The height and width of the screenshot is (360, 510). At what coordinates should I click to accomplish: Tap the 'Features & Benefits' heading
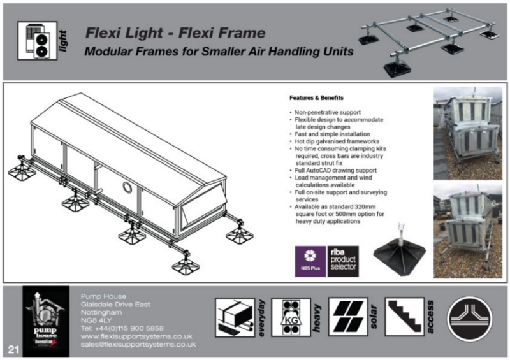(316, 99)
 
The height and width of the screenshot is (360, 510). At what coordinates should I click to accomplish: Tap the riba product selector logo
(343, 261)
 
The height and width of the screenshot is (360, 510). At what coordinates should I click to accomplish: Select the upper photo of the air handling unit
(467, 132)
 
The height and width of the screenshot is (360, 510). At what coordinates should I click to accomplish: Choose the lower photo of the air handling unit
(467, 230)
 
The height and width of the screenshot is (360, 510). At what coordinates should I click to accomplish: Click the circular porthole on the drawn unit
(127, 188)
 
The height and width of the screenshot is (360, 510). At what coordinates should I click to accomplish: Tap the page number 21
(13, 349)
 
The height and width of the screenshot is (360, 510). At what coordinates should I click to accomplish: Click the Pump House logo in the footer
(45, 320)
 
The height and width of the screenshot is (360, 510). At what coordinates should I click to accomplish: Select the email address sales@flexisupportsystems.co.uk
(138, 344)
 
